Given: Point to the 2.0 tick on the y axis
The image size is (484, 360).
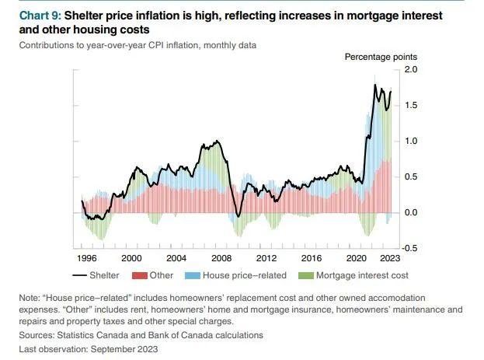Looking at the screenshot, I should click(411, 70).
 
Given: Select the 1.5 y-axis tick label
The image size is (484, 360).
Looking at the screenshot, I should click(411, 105).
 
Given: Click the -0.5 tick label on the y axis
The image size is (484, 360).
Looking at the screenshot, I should click(409, 248).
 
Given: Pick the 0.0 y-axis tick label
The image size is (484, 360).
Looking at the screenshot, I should click(411, 212).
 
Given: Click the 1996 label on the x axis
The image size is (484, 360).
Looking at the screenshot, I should click(86, 258).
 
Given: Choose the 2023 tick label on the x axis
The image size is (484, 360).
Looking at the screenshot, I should click(390, 258).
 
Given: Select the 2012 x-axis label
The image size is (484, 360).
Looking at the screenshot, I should click(266, 258).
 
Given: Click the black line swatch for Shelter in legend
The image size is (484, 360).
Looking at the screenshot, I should click(81, 275).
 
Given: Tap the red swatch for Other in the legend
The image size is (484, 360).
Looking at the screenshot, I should click(141, 275).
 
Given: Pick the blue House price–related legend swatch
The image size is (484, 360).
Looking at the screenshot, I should click(191, 275).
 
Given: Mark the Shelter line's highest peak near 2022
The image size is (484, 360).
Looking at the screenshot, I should click(375, 85).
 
